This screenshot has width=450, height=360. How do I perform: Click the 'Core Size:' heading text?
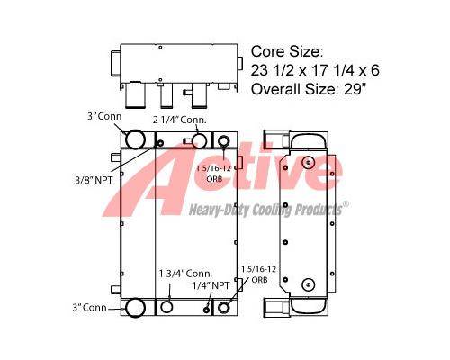287,51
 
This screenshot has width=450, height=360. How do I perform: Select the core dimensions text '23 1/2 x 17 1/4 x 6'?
315,70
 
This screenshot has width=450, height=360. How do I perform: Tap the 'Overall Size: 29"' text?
309,89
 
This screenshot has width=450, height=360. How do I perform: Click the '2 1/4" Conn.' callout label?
180,120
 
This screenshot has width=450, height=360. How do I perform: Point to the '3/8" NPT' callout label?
94,180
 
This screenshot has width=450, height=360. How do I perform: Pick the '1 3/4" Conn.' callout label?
185,274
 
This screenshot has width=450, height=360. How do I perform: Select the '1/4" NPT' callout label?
211,285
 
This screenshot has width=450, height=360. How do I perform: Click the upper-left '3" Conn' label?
104,116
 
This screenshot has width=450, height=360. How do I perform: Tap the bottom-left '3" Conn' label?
89,308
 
